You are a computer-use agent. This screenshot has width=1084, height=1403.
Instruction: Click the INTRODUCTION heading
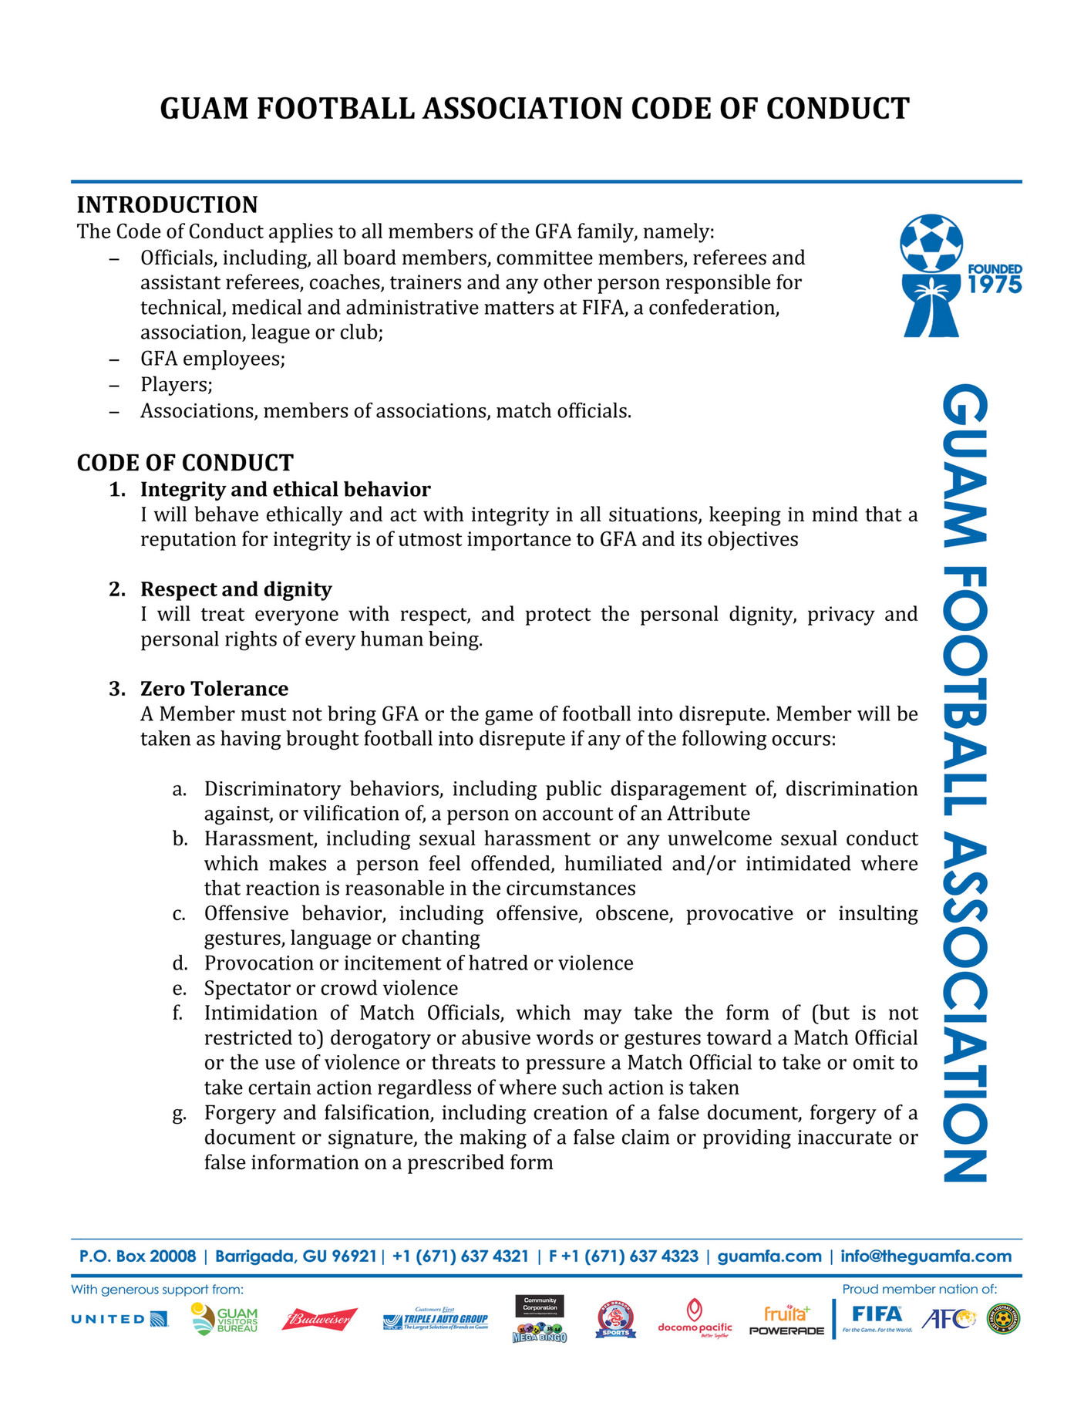click(x=167, y=205)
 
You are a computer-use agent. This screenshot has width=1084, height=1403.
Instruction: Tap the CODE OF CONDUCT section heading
click(x=185, y=463)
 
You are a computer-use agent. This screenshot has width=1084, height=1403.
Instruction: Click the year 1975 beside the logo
click(x=995, y=285)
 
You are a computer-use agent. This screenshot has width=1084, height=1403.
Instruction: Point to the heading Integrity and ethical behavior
click(x=285, y=490)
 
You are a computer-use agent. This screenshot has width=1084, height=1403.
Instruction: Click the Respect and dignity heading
click(x=236, y=589)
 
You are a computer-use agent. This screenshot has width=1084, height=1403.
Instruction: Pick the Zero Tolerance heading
click(x=214, y=689)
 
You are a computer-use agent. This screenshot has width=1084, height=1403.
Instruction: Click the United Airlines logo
click(x=120, y=1319)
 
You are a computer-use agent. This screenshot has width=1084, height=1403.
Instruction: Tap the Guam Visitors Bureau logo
click(x=224, y=1320)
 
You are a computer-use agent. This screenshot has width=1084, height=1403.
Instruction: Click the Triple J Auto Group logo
click(x=436, y=1320)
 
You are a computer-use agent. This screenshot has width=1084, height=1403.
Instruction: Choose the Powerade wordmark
click(x=786, y=1331)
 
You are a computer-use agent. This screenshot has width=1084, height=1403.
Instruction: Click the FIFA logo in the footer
click(x=877, y=1316)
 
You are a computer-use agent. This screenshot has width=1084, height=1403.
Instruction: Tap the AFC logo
click(x=948, y=1319)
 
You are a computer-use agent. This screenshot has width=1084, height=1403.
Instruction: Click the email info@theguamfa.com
click(x=925, y=1256)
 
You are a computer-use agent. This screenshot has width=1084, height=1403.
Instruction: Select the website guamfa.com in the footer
click(x=769, y=1256)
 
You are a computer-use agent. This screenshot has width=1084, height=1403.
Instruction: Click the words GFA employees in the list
click(x=213, y=359)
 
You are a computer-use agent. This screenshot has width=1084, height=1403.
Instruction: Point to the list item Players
click(x=177, y=385)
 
